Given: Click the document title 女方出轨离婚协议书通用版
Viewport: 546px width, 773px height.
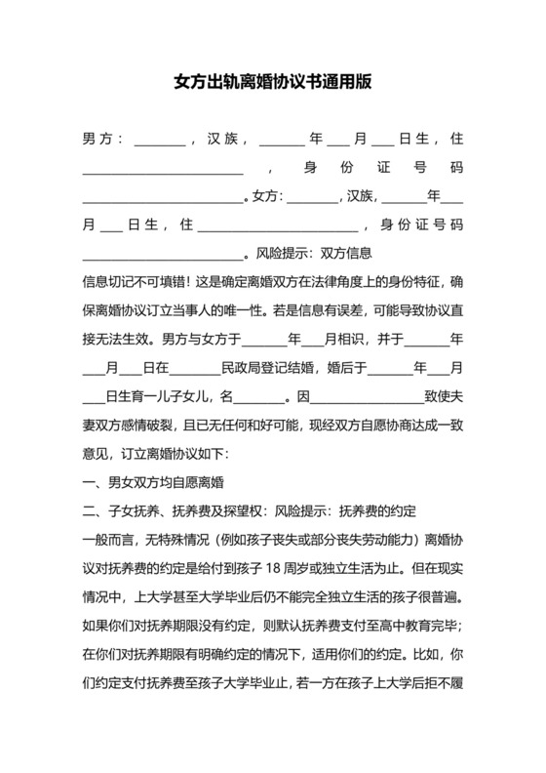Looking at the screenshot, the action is [x=272, y=83].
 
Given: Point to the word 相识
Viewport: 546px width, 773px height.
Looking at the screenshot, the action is [x=352, y=341].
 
